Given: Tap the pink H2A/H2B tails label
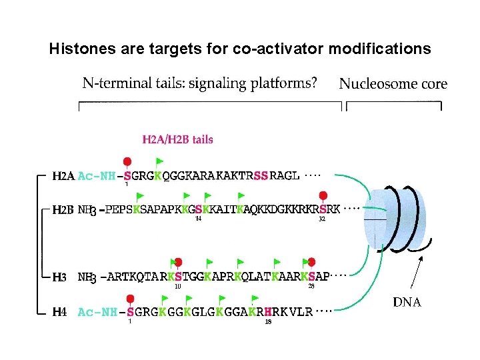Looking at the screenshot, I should pyautogui.click(x=178, y=139).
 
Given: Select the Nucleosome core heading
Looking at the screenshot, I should pyautogui.click(x=393, y=84).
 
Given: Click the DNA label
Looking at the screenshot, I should pyautogui.click(x=407, y=302).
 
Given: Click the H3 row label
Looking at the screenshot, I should pyautogui.click(x=59, y=277).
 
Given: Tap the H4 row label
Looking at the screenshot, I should pyautogui.click(x=59, y=311).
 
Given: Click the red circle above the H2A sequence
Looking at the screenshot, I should pyautogui.click(x=127, y=161).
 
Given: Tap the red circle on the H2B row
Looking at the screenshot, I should pyautogui.click(x=323, y=195).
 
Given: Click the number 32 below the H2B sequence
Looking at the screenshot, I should pyautogui.click(x=322, y=219).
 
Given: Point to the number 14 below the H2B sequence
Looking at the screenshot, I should pyautogui.click(x=198, y=219).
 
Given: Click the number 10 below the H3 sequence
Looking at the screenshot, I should pyautogui.click(x=178, y=287).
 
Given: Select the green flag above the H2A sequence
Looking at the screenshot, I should pyautogui.click(x=159, y=161).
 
